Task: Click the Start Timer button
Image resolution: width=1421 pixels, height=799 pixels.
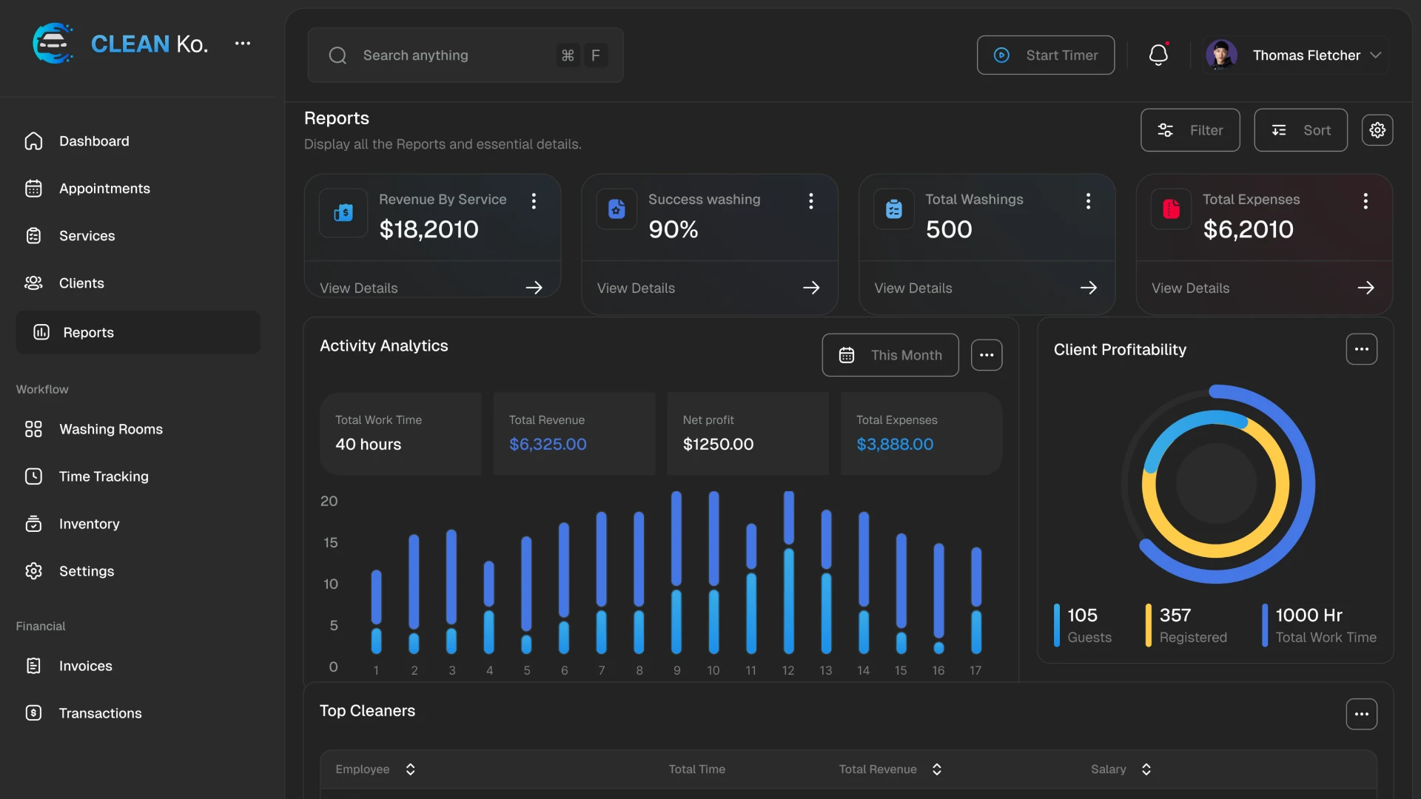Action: click(x=1045, y=55)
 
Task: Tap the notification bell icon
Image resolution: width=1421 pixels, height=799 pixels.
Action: click(x=1158, y=55)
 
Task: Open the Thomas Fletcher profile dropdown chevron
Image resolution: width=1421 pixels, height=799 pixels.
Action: click(x=1376, y=55)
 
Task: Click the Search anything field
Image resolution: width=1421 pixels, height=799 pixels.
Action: click(x=444, y=55)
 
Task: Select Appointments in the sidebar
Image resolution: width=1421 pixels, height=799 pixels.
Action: click(x=104, y=189)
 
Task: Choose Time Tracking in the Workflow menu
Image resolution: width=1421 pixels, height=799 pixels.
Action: click(x=104, y=476)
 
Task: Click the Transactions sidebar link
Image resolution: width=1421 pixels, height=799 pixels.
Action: click(x=100, y=713)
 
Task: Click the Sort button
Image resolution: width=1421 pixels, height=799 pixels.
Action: click(x=1300, y=130)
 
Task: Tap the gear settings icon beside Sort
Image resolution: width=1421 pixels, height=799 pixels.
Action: click(x=1377, y=130)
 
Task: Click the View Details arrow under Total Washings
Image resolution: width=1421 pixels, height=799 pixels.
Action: click(x=1088, y=288)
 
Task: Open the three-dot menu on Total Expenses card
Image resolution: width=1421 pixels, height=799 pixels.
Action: click(x=1365, y=201)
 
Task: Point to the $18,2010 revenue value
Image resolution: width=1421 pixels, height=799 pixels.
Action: click(x=429, y=229)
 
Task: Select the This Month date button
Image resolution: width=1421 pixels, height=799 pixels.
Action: click(x=890, y=355)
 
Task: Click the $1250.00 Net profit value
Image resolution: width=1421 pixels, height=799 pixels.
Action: click(x=718, y=445)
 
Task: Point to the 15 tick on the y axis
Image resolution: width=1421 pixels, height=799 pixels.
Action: click(x=330, y=543)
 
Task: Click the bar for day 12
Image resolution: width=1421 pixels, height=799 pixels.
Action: click(x=788, y=573)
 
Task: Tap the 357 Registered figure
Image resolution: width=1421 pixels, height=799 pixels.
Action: click(x=1175, y=616)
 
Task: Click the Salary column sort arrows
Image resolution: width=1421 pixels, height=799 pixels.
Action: click(x=1146, y=769)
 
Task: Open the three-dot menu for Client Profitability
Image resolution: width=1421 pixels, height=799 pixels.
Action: click(x=1361, y=349)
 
